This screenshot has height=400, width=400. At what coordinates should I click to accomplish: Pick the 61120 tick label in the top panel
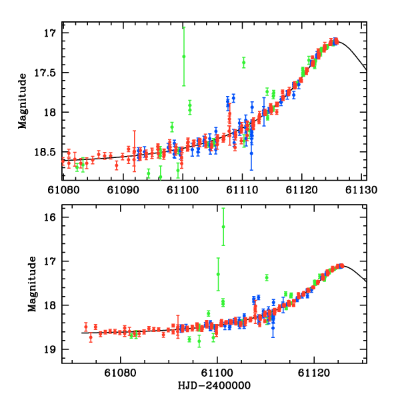click(302, 189)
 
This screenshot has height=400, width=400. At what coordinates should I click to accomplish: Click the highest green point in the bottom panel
click(223, 227)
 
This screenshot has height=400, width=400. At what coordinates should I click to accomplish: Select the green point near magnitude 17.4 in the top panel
click(244, 62)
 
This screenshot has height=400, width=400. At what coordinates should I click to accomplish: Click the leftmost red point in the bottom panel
click(86, 326)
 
